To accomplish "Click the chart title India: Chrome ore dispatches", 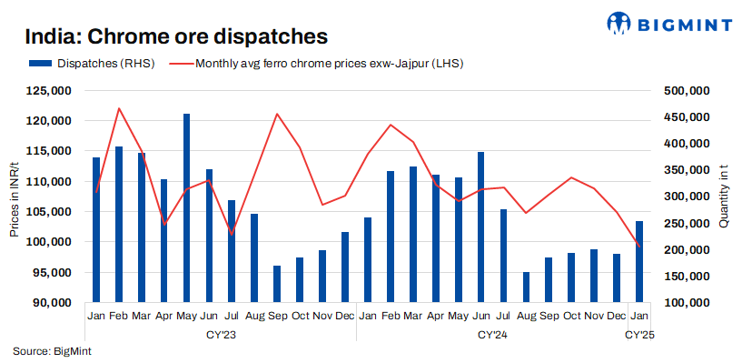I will [175, 36].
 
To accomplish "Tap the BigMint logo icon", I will [621, 21].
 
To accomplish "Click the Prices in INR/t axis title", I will [15, 197].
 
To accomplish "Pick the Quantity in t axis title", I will [724, 197].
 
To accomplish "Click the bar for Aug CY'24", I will [526, 287].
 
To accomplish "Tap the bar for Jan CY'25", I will [639, 261].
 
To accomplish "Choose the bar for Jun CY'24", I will [480, 227].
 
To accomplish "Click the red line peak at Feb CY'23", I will [119, 108].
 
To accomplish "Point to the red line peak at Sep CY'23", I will [277, 114].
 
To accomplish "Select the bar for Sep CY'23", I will [277, 284].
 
